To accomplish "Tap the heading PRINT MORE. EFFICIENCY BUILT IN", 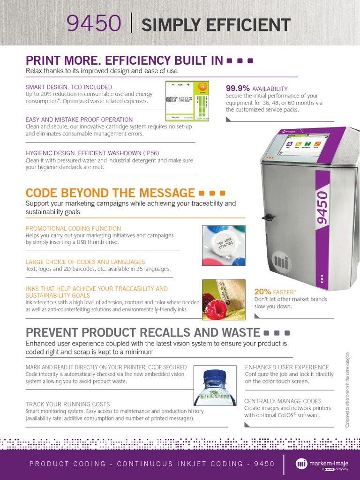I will pos(124,60).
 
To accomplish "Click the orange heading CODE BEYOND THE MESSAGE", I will pos(110,193).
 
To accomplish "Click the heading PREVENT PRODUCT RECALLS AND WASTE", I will pos(142,333).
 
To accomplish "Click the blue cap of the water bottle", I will pos(214,375).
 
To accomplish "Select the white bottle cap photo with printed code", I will pos(224,245).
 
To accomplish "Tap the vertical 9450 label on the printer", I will pos(322,206).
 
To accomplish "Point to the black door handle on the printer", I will pos(268,217).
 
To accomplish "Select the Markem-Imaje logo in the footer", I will pos(322,464).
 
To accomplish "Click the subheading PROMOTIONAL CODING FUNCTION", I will pos(73,228).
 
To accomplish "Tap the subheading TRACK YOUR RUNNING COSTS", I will pos(67,404).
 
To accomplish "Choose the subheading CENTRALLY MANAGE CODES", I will pos(283,401).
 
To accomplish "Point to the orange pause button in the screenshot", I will pos(202,87).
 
